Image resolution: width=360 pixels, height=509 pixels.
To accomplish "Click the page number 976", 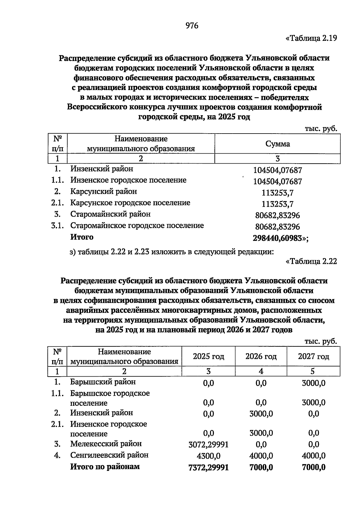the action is tap(192, 26).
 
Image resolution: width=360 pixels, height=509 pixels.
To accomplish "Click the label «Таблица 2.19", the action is tap(311, 38).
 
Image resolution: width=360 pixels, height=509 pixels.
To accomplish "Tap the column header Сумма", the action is tap(277, 144).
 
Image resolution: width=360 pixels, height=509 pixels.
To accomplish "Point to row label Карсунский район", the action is tap(103, 191).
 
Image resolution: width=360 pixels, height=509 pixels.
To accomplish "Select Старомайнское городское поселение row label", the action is tap(137, 225).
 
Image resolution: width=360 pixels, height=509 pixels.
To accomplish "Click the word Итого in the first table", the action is tap(82, 237).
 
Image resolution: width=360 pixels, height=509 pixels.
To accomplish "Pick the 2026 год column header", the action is tap(261, 356).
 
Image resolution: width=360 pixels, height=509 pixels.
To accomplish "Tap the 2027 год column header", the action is tap(313, 356).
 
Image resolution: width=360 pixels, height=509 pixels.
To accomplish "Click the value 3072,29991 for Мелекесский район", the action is tap(208, 444).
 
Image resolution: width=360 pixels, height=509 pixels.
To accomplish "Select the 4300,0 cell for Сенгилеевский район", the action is tap(208, 456).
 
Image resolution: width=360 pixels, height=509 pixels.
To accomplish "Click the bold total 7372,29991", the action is tap(208, 467).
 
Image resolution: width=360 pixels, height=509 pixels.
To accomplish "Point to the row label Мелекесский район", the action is tap(106, 444).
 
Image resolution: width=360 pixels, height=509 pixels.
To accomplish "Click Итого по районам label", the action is tap(105, 467).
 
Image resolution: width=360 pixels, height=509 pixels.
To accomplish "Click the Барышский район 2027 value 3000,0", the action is tap(313, 383).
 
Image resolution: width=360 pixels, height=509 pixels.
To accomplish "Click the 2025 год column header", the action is tap(208, 356).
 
